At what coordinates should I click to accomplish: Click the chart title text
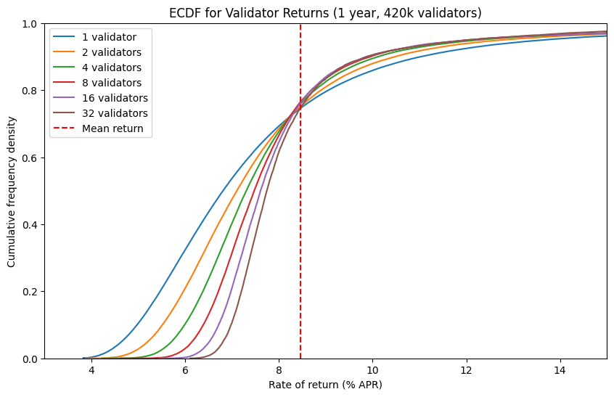pos(325,13)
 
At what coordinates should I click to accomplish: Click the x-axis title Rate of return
pos(325,384)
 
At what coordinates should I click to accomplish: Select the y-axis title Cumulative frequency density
pos(12,191)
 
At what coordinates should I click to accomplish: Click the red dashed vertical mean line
pos(300,218)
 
